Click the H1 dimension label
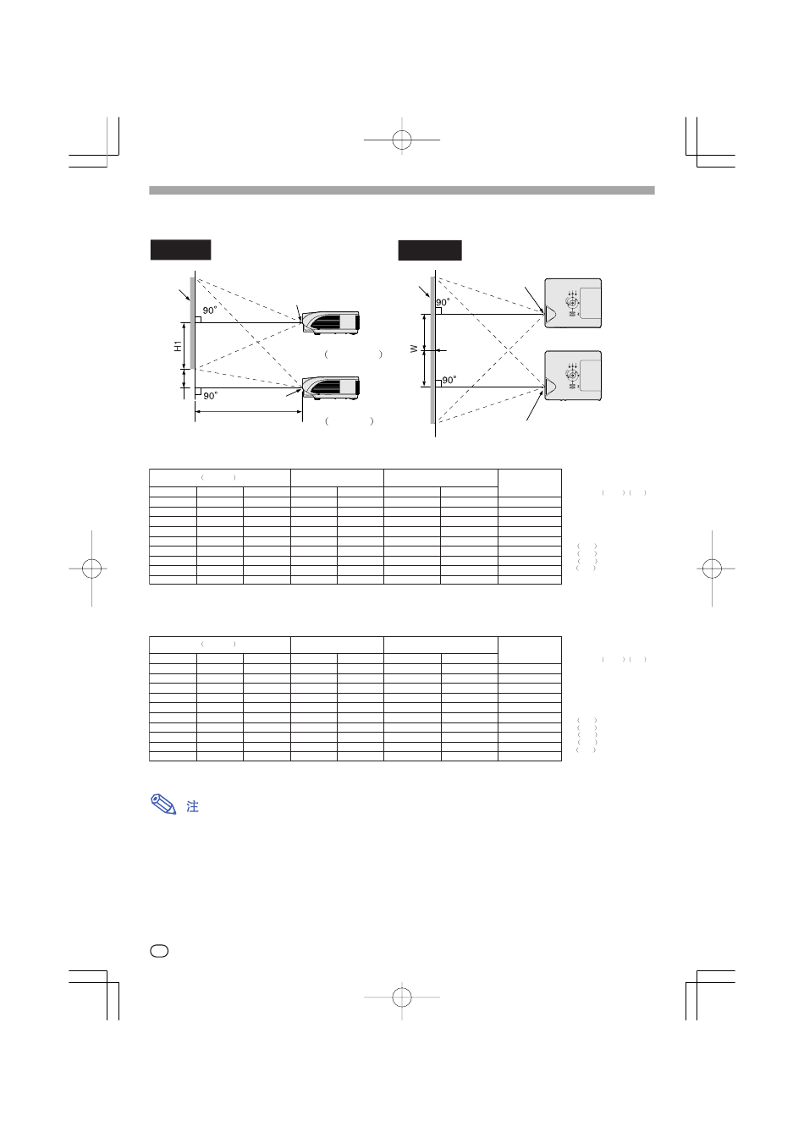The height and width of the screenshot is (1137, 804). click(177, 346)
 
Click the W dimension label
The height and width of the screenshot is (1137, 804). click(414, 349)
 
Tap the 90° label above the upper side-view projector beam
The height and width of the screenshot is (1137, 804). click(210, 310)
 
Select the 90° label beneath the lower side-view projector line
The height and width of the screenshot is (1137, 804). click(210, 396)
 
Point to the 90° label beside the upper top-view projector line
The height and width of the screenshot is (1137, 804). click(443, 303)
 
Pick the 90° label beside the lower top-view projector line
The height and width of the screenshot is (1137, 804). click(449, 380)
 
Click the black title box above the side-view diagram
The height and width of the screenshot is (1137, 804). click(180, 250)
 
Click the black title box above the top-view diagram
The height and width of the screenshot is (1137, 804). click(430, 250)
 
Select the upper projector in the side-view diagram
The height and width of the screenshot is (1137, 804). click(331, 322)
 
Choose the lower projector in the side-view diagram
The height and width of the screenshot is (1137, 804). click(331, 388)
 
